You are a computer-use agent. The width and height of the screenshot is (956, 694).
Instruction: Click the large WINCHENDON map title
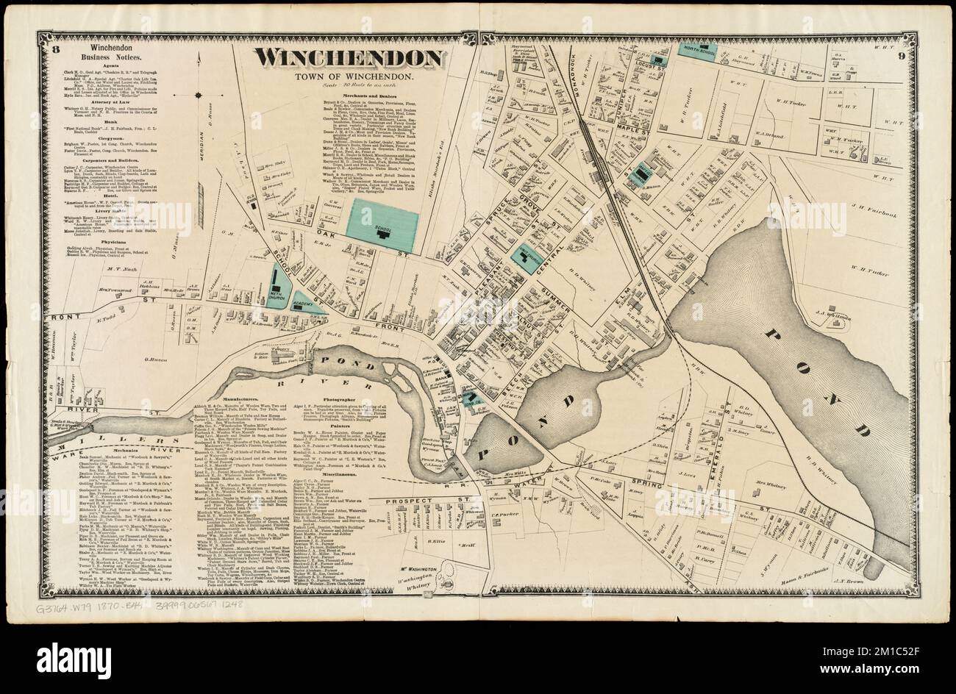[x=348, y=59]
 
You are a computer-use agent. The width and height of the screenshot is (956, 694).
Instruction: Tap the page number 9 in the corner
[x=902, y=51]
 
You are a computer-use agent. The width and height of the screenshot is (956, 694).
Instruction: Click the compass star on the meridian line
[x=199, y=95]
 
